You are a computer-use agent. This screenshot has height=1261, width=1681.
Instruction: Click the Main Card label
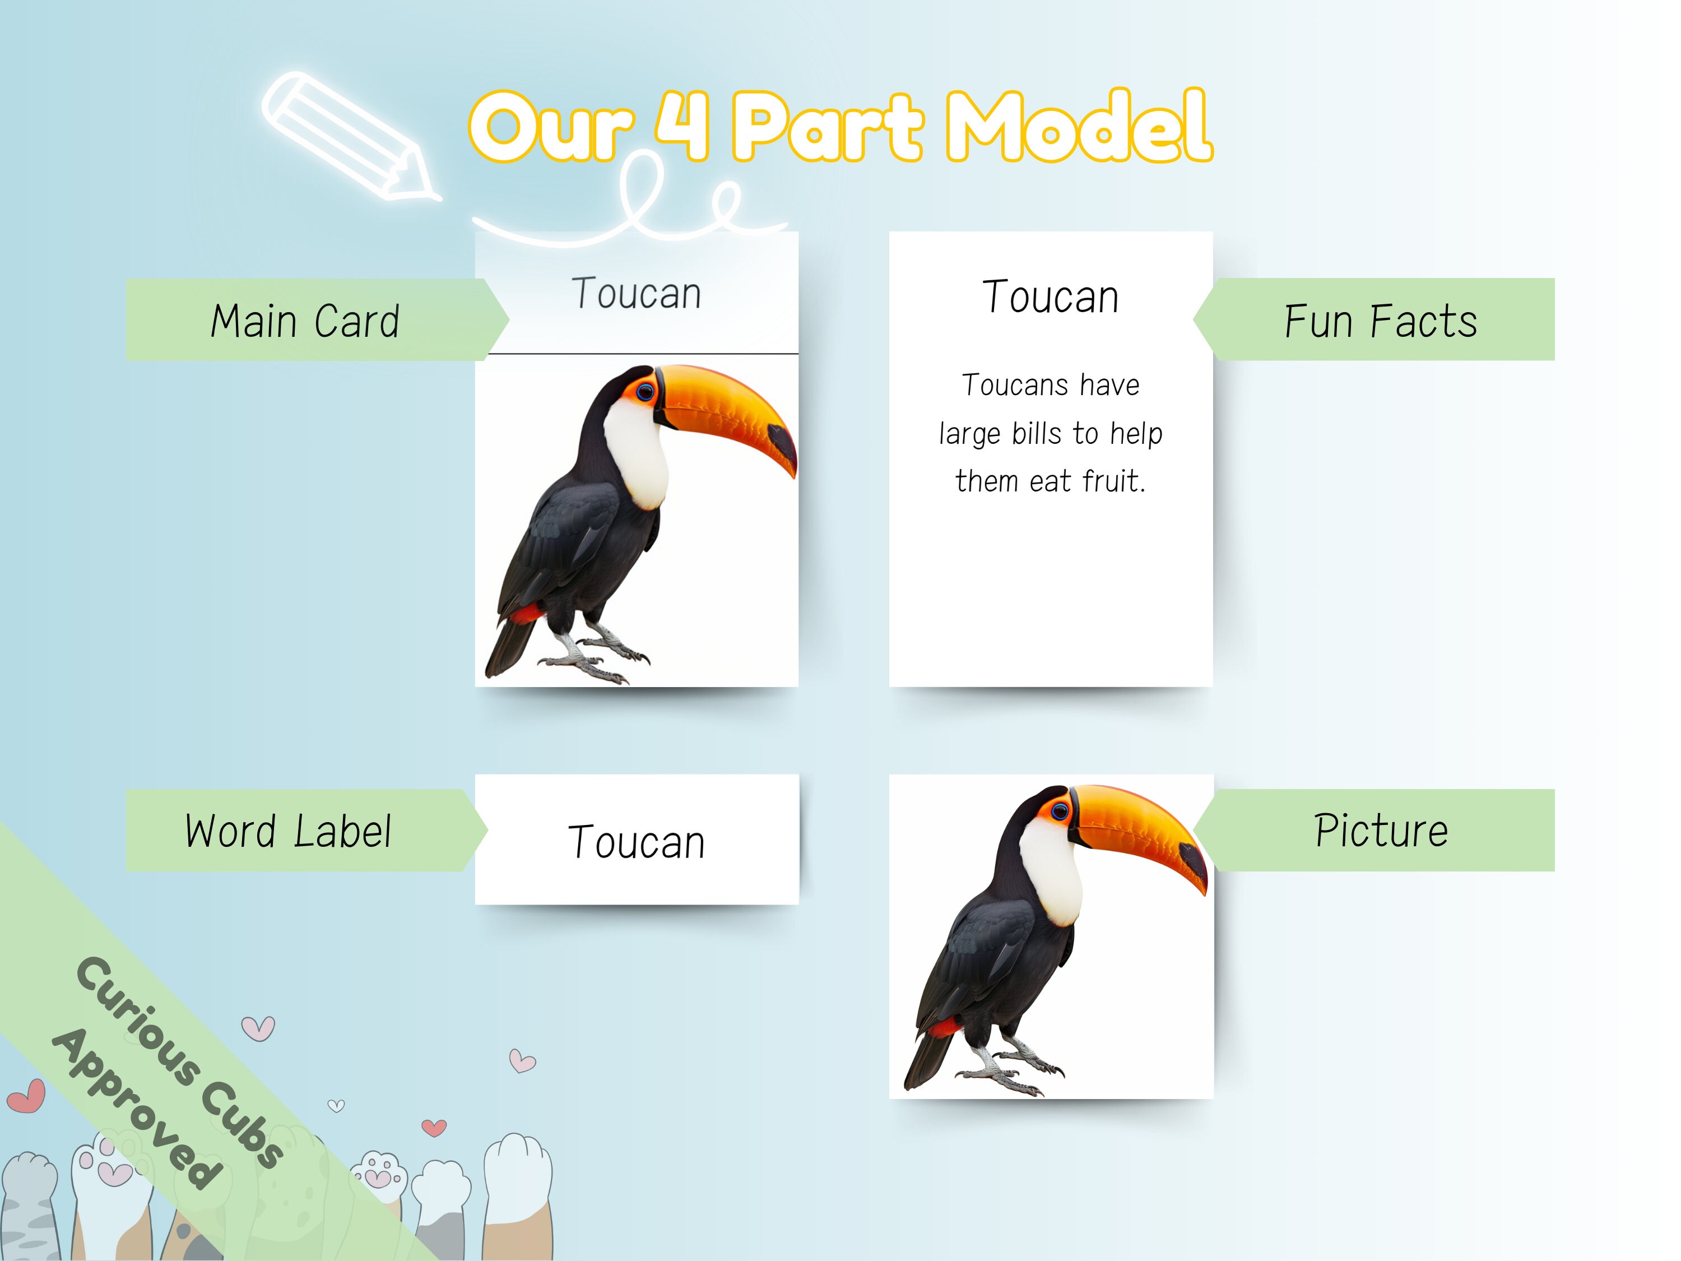tap(305, 320)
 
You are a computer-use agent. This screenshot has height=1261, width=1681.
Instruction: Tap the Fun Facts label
tap(1380, 320)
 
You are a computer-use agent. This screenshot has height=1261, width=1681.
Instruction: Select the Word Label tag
tap(289, 831)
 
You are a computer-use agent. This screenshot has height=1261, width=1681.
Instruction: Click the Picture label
tap(1381, 830)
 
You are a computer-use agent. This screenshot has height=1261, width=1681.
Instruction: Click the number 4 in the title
tap(682, 126)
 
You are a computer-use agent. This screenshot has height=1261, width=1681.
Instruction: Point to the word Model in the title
tap(1079, 126)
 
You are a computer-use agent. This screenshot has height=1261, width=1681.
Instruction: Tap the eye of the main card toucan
tap(645, 392)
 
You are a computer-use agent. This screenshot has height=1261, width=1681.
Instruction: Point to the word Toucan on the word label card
tap(637, 842)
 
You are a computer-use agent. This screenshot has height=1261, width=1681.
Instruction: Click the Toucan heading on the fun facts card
tap(1050, 296)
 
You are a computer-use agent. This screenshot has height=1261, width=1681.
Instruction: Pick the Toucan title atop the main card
tap(637, 294)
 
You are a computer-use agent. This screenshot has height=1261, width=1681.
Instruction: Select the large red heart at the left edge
tap(26, 1096)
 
